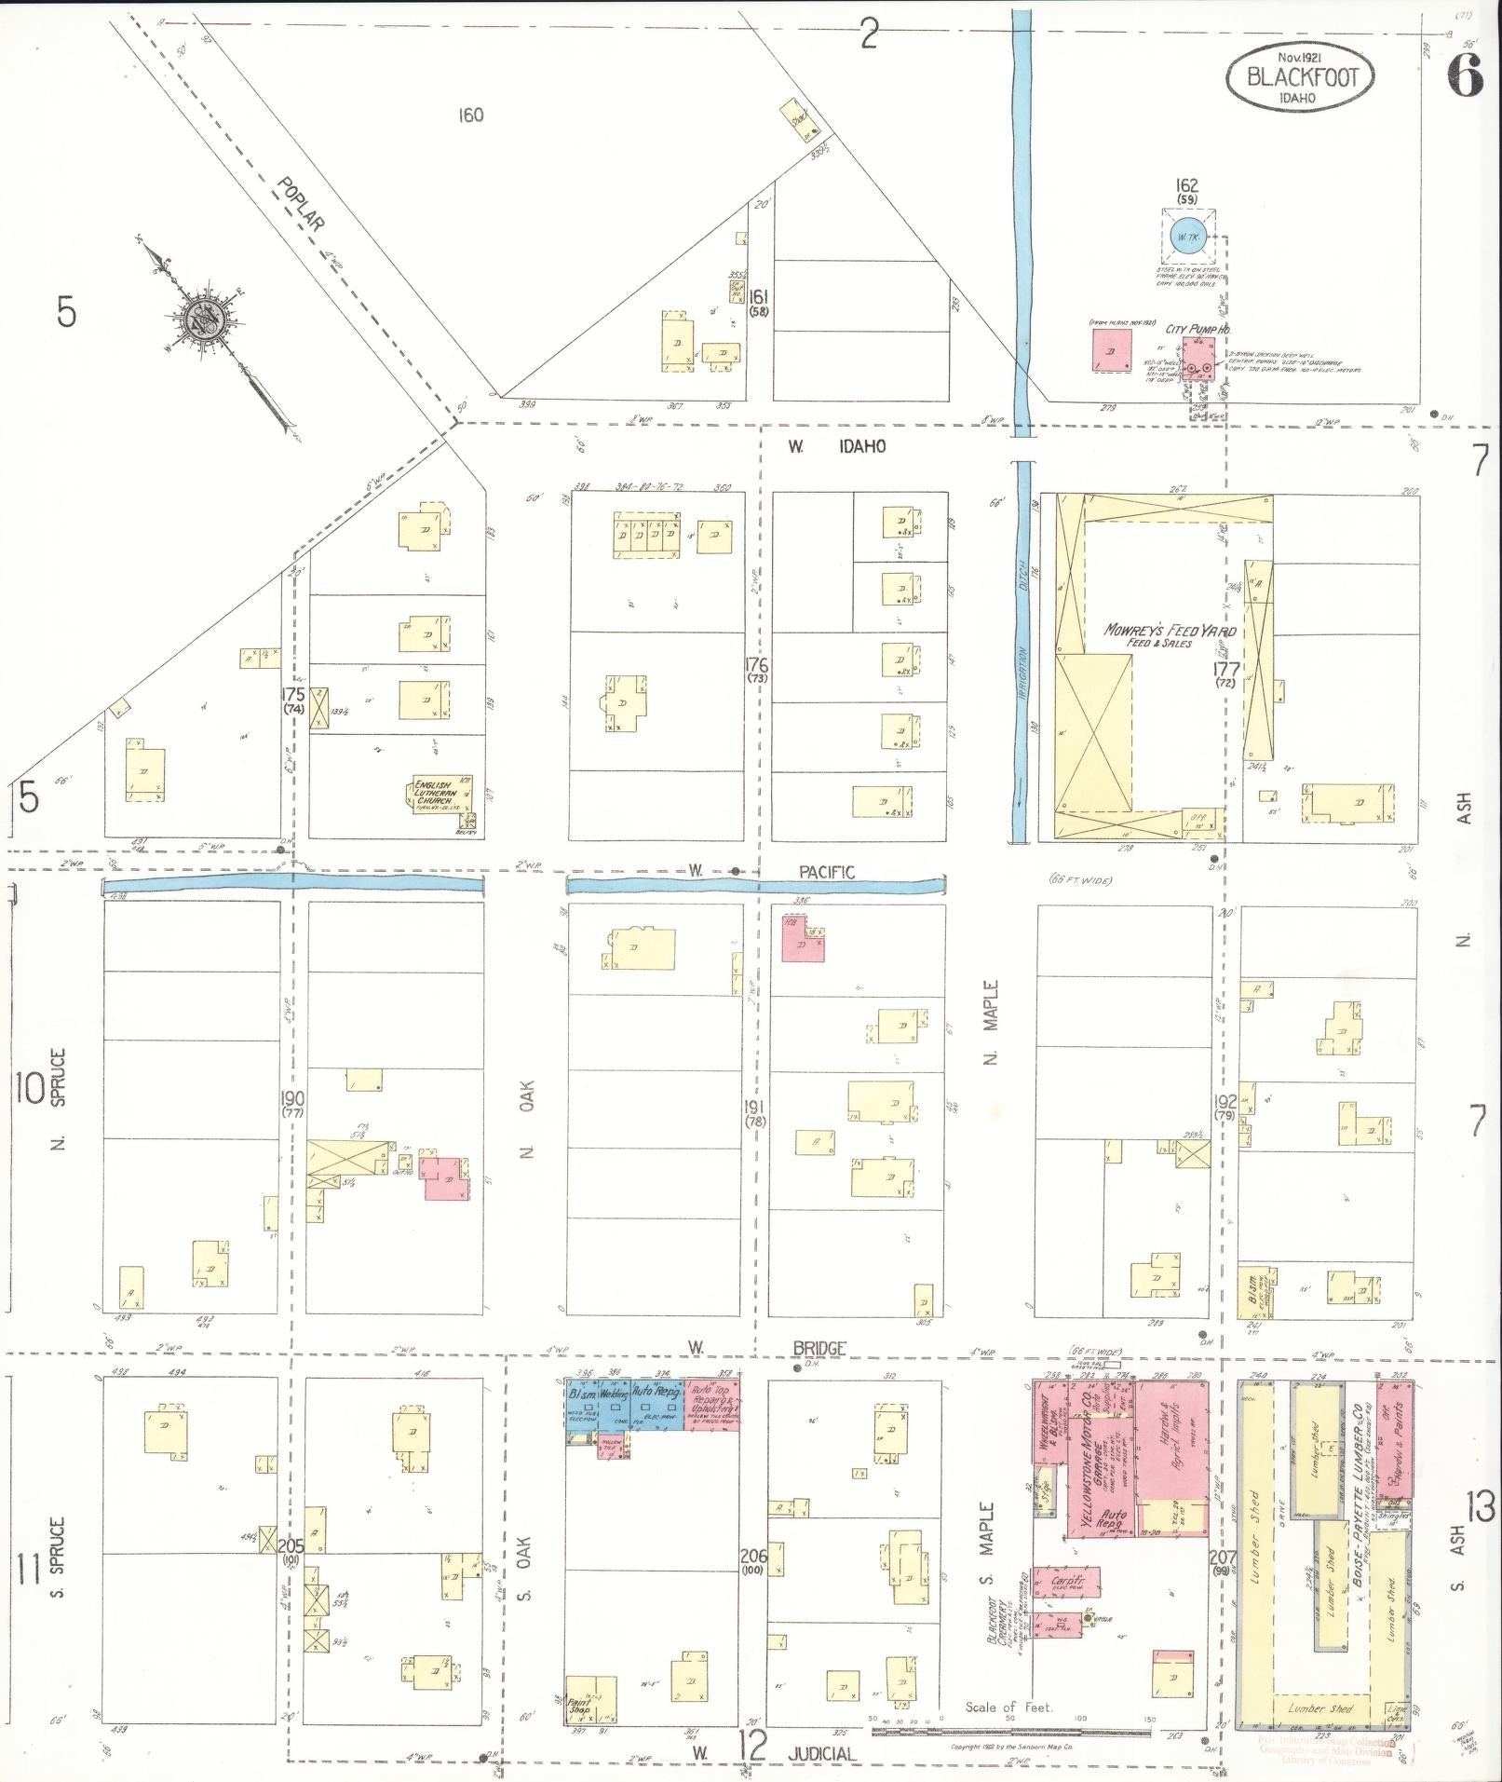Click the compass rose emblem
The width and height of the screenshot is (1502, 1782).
tap(201, 320)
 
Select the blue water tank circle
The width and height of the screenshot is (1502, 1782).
tap(1188, 237)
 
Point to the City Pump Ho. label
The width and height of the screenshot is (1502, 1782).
tap(1198, 329)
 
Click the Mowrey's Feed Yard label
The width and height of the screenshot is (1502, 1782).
tap(1170, 633)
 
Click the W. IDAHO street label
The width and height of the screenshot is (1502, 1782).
tap(837, 447)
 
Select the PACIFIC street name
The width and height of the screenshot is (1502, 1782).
tap(826, 872)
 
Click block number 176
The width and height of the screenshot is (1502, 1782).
tap(756, 664)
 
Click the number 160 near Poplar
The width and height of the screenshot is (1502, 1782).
tap(471, 116)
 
